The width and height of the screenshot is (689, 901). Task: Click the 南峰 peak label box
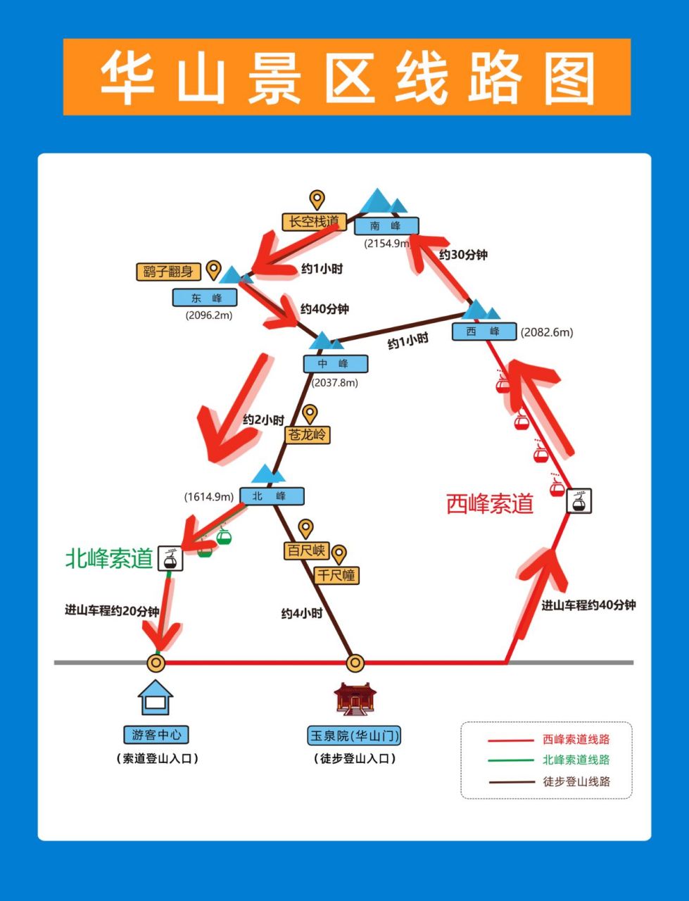click(386, 226)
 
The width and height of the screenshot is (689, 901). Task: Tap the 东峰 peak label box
click(205, 298)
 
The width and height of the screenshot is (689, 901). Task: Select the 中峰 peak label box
click(336, 364)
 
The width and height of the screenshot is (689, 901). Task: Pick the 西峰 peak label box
click(484, 332)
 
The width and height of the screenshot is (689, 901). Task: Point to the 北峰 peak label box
click(272, 496)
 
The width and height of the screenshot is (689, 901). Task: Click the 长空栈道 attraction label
click(314, 222)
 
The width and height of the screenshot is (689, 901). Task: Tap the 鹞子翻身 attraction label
click(168, 272)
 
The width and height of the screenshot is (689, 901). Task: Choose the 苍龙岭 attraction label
click(308, 434)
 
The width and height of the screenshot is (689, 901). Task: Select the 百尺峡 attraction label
click(307, 550)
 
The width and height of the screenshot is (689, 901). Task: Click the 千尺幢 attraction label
click(336, 575)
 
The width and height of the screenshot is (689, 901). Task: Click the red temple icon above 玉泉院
click(355, 699)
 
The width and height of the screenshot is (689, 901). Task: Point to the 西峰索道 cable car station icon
click(579, 500)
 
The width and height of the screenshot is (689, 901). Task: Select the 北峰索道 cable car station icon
click(170, 558)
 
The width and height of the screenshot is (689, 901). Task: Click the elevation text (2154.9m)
click(386, 244)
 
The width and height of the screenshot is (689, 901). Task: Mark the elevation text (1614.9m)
click(209, 497)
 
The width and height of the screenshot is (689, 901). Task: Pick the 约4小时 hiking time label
click(302, 614)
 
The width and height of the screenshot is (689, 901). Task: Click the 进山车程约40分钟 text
click(588, 605)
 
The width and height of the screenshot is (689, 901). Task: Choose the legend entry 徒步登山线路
click(576, 781)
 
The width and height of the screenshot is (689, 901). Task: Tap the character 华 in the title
click(127, 77)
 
